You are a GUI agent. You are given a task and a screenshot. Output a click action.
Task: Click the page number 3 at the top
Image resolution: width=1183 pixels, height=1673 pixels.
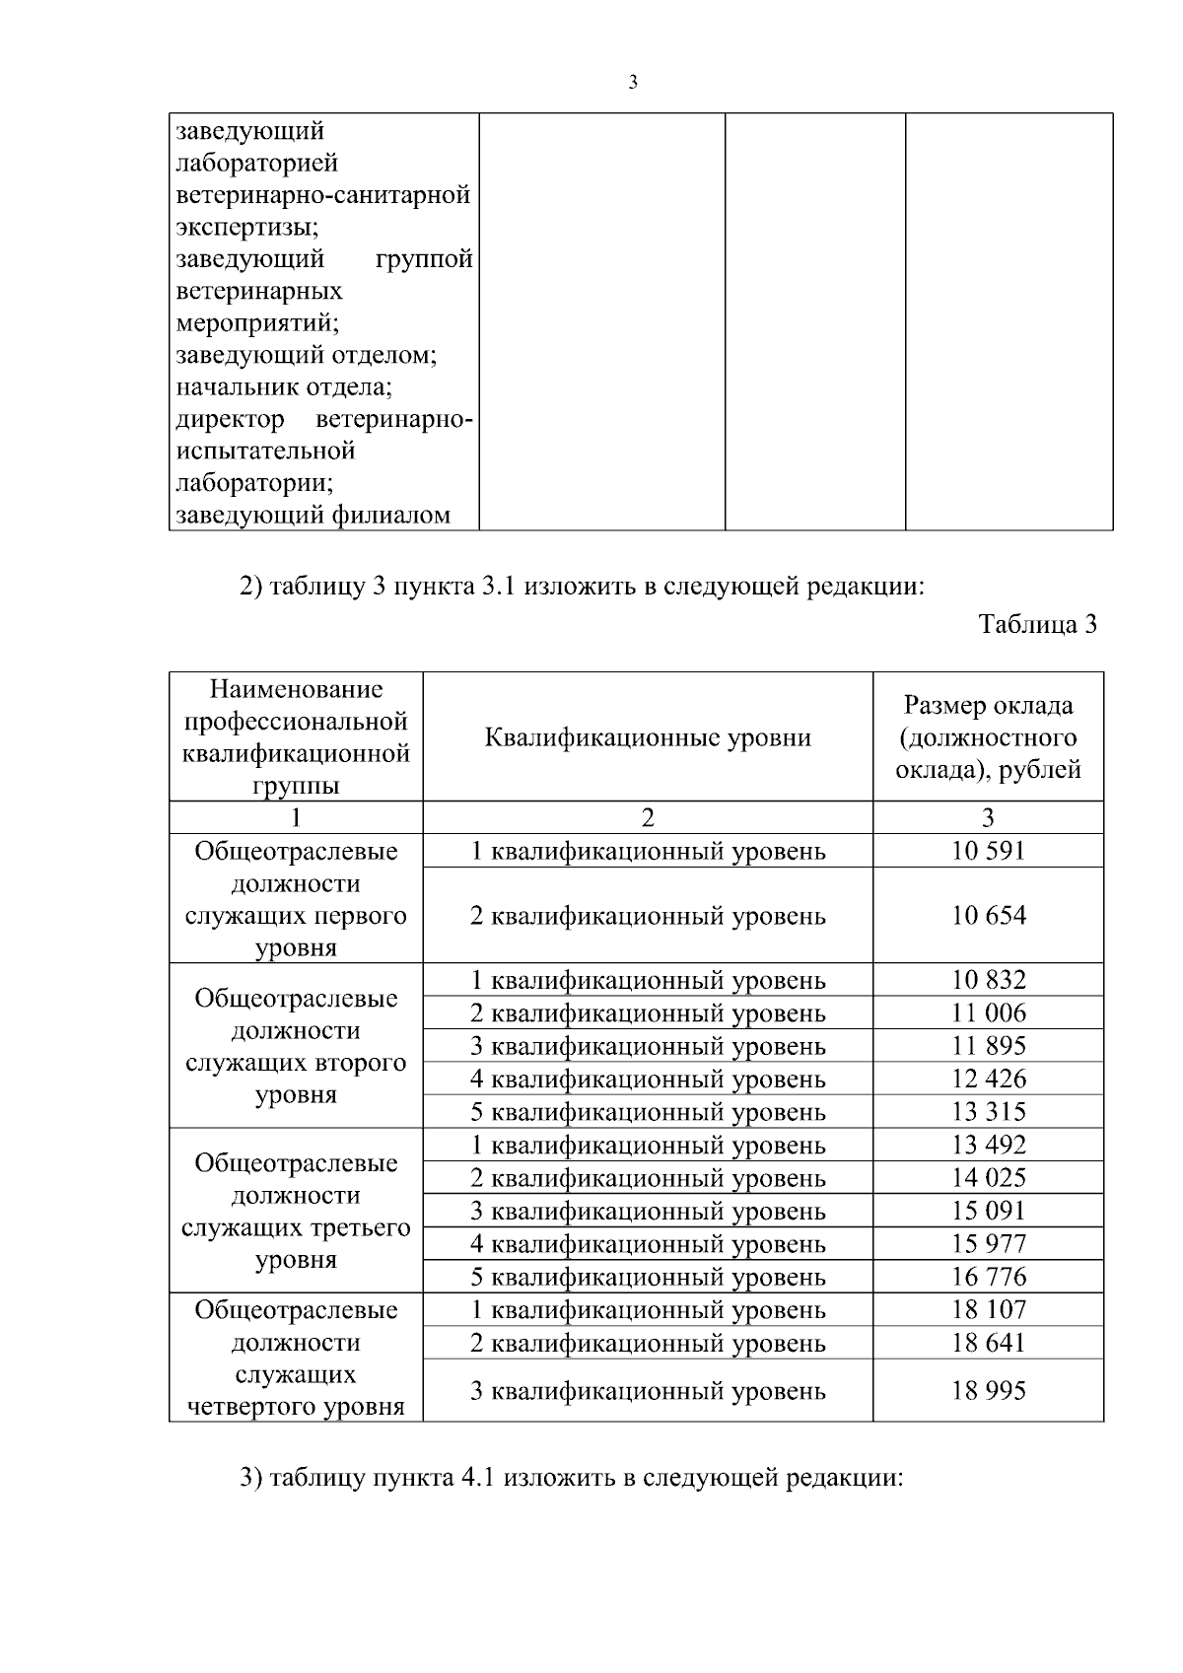click(x=633, y=83)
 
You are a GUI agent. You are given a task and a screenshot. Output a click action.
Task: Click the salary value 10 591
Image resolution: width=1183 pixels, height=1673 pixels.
click(x=988, y=851)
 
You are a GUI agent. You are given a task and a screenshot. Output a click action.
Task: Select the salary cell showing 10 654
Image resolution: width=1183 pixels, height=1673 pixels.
click(x=988, y=916)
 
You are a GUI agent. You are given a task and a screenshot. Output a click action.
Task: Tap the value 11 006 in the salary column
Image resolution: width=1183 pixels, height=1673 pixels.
click(x=988, y=1013)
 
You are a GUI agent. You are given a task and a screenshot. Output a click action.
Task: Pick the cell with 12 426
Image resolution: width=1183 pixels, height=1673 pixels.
click(x=988, y=1079)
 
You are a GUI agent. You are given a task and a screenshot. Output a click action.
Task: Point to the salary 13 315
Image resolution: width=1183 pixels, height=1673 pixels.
click(x=988, y=1112)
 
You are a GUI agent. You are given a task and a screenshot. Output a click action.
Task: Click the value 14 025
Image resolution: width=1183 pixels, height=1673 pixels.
click(x=988, y=1178)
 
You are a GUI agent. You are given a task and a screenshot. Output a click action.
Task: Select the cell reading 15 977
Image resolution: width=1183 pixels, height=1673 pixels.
click(x=988, y=1244)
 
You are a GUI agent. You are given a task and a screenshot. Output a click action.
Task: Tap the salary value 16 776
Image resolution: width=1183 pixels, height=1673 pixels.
click(x=988, y=1278)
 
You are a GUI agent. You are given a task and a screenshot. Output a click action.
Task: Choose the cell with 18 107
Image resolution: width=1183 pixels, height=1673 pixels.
click(x=988, y=1310)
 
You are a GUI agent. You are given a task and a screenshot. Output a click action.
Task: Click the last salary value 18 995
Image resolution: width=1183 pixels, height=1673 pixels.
click(x=988, y=1391)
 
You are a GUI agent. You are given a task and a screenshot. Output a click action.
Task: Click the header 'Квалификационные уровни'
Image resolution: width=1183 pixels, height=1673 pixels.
click(x=648, y=737)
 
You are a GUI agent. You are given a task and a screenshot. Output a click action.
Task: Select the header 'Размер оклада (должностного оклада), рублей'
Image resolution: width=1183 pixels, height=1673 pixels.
click(x=988, y=737)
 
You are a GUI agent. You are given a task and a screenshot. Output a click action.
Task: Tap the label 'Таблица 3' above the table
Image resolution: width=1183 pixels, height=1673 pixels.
click(x=1037, y=625)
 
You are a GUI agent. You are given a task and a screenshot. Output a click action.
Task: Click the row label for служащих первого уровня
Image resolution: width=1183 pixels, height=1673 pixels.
click(x=296, y=900)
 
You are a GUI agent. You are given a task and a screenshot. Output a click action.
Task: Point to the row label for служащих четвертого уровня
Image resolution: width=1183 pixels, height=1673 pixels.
click(x=296, y=1359)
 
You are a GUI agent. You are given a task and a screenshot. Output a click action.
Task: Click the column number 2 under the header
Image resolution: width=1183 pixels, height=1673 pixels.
click(x=648, y=817)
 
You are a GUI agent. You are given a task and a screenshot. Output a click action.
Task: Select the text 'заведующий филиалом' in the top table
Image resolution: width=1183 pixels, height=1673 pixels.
click(x=313, y=515)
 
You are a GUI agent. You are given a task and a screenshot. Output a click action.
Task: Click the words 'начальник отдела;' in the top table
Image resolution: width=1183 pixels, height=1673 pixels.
click(x=291, y=386)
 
